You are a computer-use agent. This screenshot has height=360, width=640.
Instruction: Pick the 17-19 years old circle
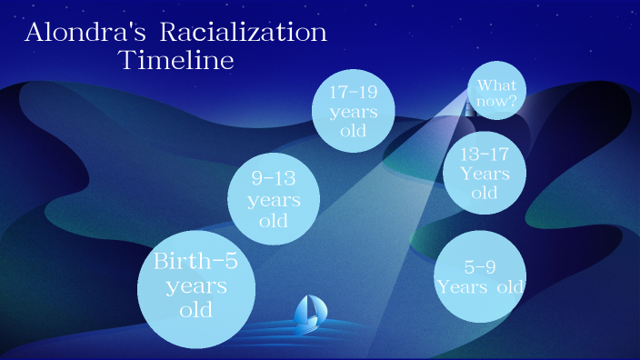coord(354,111)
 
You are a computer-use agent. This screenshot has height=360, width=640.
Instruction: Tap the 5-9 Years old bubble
coord(480,276)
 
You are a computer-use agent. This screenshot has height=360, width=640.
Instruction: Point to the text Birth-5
coord(195,263)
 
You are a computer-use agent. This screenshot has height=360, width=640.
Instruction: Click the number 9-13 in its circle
coord(273,178)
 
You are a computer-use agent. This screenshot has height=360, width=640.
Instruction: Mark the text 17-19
coord(354,91)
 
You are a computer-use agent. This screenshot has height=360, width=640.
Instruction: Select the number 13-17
coord(485,153)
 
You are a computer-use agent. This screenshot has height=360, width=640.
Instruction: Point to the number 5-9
coord(480,267)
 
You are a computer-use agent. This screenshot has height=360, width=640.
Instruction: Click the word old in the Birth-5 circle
coord(195,310)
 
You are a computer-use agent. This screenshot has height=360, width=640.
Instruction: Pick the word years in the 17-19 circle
coord(354,111)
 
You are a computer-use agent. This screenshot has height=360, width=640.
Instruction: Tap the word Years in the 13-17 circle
coord(485,173)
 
